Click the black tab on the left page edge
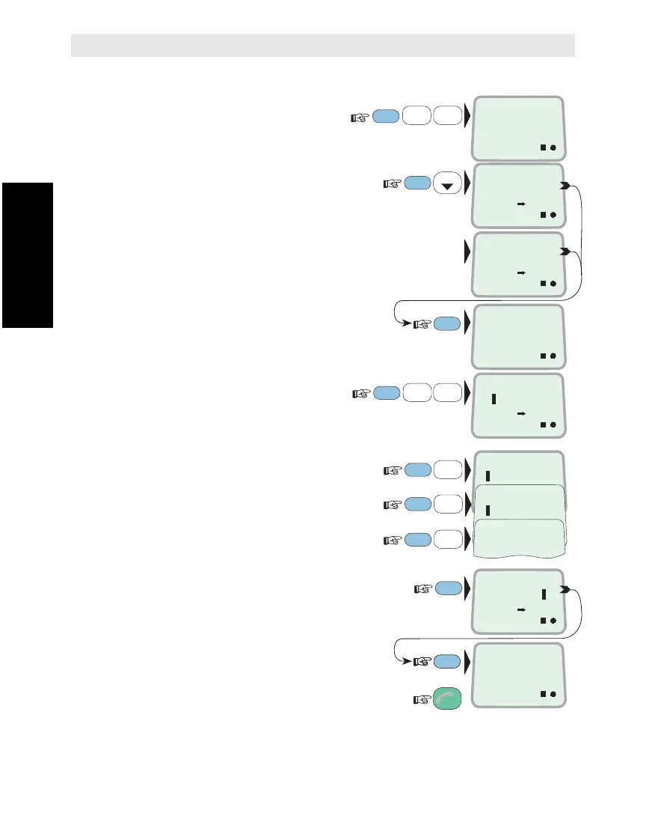[27, 255]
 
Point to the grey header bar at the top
[322, 45]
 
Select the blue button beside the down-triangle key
[417, 183]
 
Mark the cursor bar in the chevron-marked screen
[544, 594]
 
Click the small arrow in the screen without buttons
[522, 274]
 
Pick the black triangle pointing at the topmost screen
[468, 117]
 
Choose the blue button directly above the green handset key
[446, 660]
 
